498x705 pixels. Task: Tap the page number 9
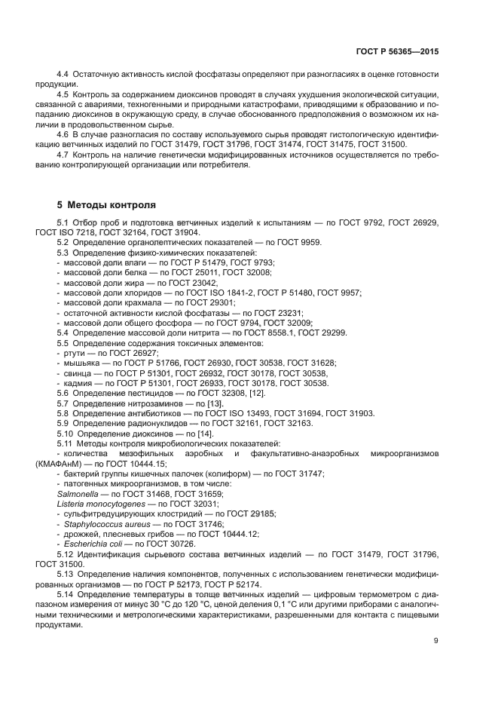(x=435, y=641)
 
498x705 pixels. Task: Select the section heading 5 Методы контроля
(x=106, y=204)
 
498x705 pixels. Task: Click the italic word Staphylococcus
(x=88, y=523)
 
